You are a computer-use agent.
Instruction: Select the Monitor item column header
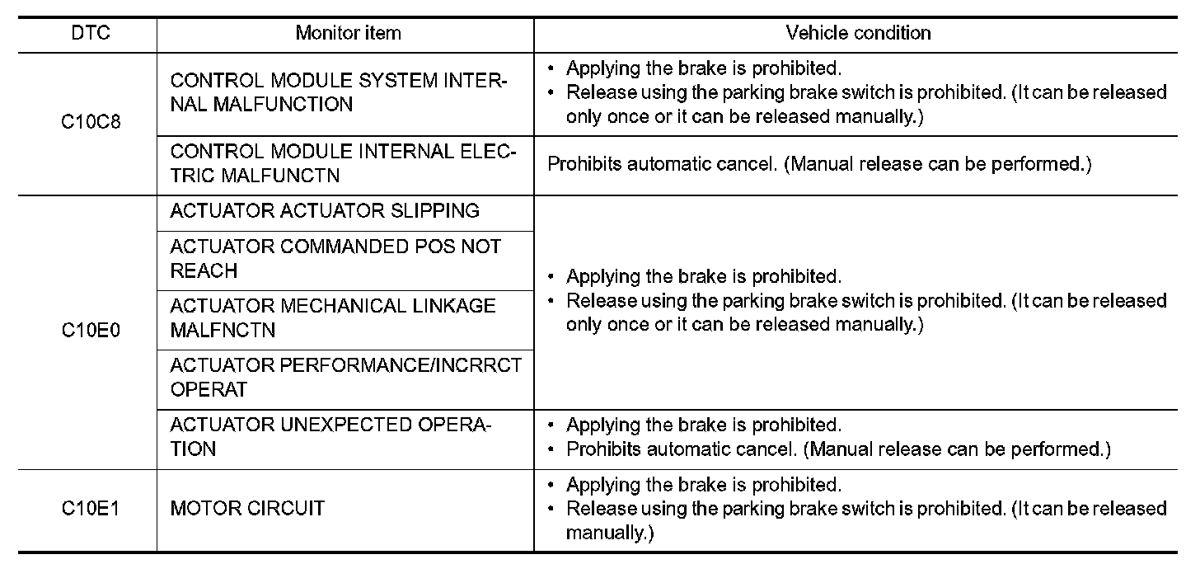(x=348, y=34)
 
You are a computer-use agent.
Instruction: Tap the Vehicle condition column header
(x=858, y=34)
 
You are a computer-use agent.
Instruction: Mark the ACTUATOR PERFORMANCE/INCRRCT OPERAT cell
(x=345, y=377)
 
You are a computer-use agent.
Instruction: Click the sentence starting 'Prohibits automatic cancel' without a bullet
(x=819, y=164)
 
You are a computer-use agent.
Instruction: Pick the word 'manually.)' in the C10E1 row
(x=610, y=533)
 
